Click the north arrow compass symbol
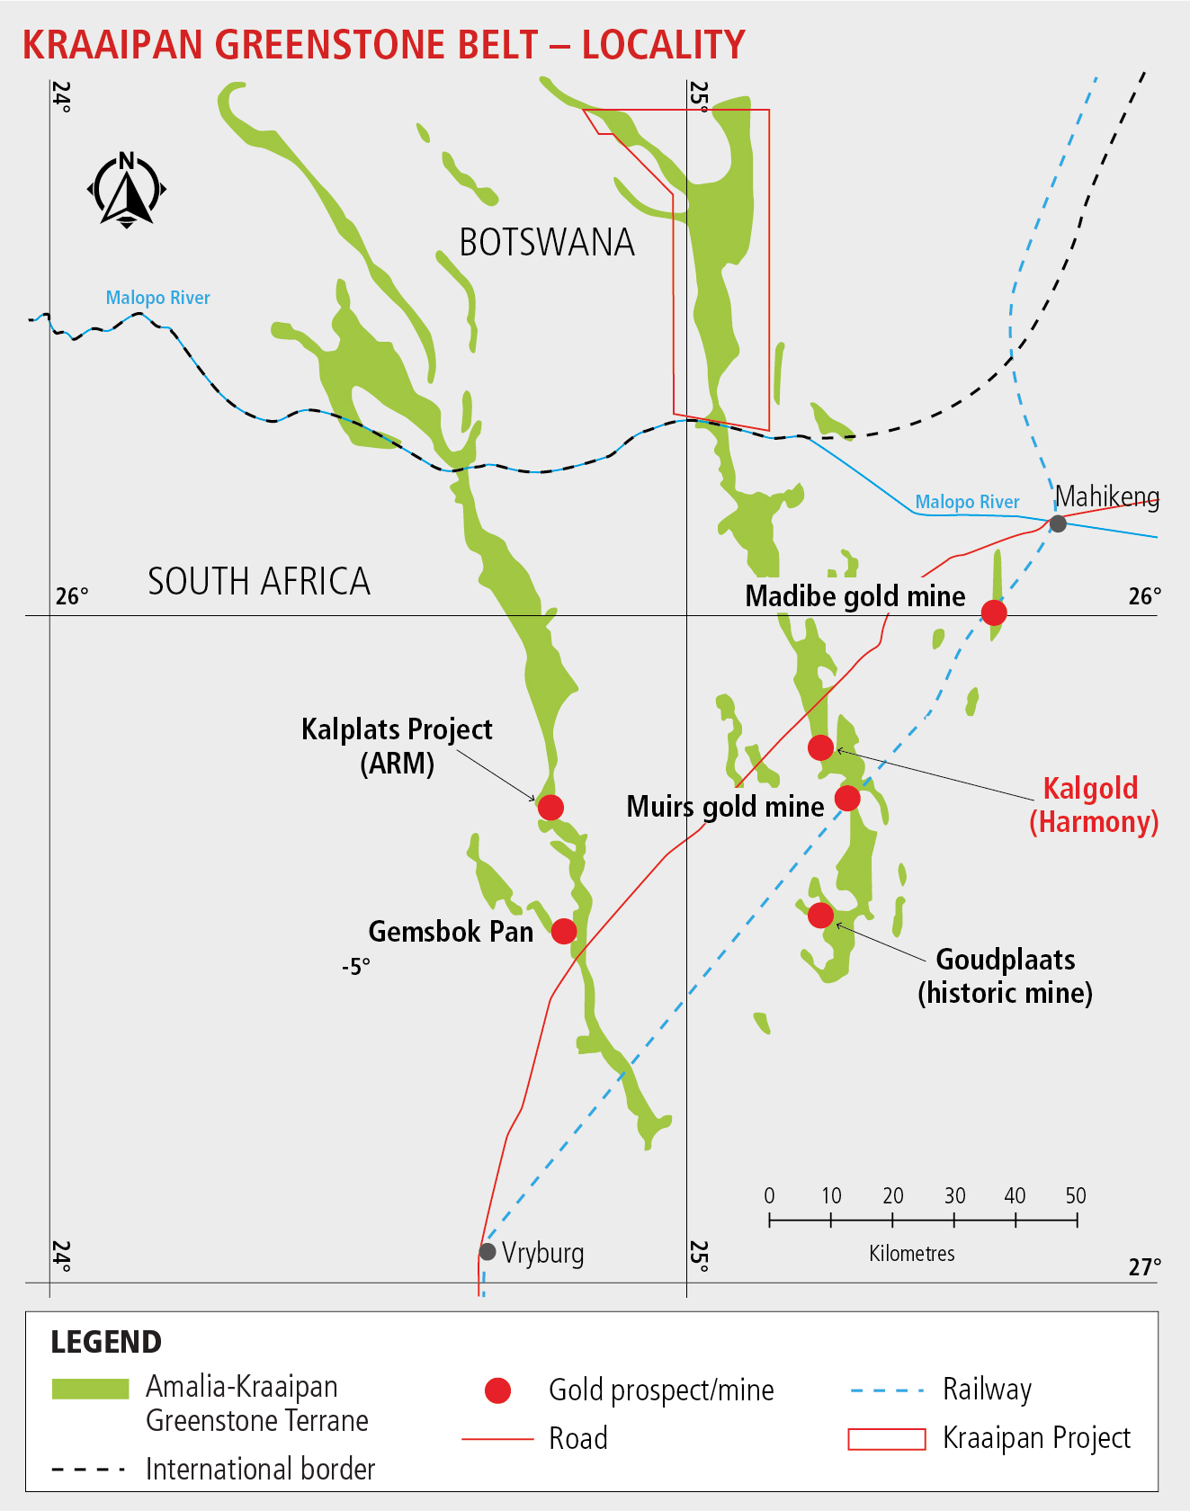click(127, 190)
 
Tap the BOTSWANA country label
click(547, 243)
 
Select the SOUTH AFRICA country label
click(259, 582)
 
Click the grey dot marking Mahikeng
click(1058, 523)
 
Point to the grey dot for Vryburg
click(488, 1251)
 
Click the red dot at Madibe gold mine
click(993, 612)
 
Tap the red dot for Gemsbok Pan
click(564, 931)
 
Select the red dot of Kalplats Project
click(550, 807)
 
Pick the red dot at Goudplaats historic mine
click(820, 915)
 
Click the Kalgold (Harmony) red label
click(1093, 805)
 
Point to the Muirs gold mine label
click(725, 807)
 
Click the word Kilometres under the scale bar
click(911, 1254)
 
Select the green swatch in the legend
click(90, 1389)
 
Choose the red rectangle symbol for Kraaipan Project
click(887, 1439)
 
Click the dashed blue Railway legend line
click(887, 1390)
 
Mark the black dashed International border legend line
click(88, 1470)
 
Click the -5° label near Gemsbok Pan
click(356, 967)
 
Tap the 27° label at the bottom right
click(1144, 1267)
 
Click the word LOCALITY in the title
click(664, 45)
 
